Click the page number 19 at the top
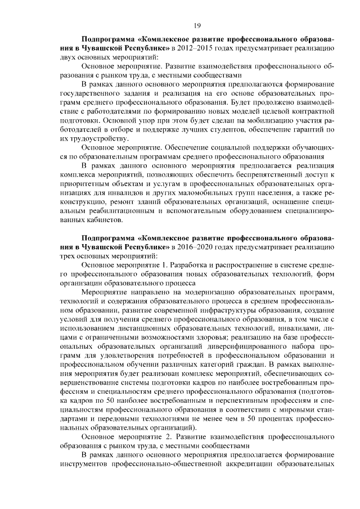[197, 25]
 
